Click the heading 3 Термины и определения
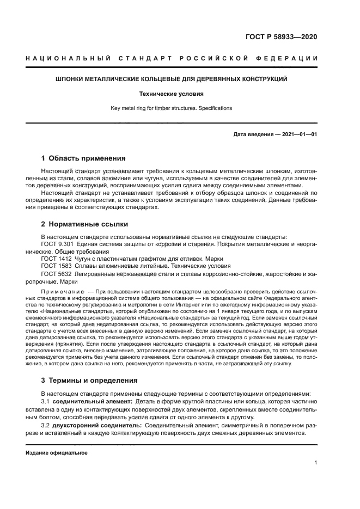[x=89, y=381]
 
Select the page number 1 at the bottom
[x=316, y=463]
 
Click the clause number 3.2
[x=46, y=425]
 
